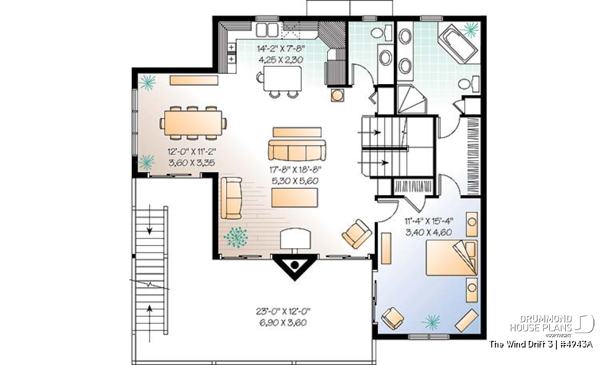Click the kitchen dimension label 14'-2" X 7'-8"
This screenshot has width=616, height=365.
point(281,49)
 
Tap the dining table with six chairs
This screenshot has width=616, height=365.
point(193,123)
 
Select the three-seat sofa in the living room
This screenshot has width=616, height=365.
point(297,150)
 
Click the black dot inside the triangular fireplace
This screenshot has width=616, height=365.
point(295,265)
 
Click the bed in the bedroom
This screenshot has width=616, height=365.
point(452,258)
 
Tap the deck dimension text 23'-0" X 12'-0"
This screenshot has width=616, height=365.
point(283,312)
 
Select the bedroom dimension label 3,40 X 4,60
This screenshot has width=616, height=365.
point(429,233)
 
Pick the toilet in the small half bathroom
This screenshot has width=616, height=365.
point(381,33)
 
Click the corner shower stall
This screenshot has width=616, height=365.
point(412,99)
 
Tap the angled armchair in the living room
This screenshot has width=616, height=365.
point(357,234)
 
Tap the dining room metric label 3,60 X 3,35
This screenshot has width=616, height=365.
point(191,163)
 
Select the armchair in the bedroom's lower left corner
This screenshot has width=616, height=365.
point(392,318)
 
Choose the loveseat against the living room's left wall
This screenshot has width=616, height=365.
point(232,198)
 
